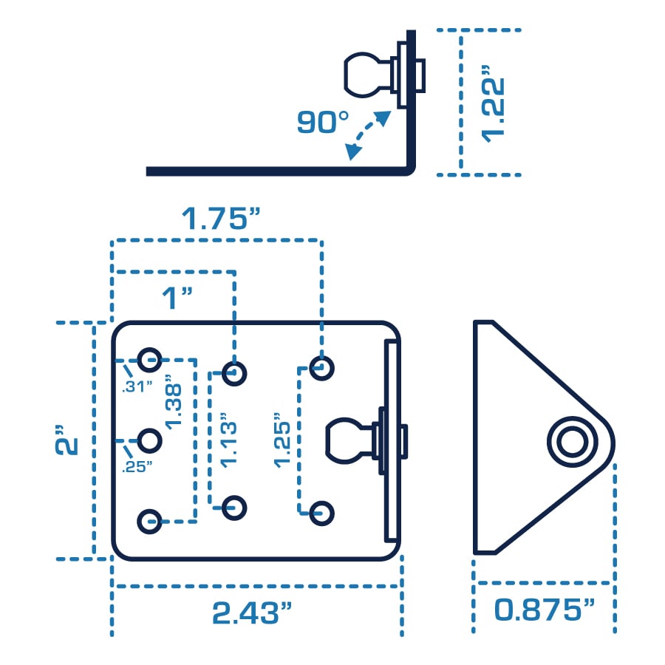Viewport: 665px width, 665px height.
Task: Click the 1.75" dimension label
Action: click(222, 219)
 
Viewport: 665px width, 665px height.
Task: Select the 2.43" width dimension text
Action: click(252, 613)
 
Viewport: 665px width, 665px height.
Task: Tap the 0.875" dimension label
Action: click(545, 610)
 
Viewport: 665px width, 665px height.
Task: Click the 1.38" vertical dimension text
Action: click(175, 403)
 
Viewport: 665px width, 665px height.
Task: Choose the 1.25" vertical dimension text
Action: click(282, 439)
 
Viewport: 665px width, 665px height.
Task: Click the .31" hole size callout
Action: click(138, 385)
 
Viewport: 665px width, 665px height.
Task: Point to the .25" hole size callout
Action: click(138, 465)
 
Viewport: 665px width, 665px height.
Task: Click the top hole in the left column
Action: click(150, 361)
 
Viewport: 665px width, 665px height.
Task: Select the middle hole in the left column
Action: click(150, 441)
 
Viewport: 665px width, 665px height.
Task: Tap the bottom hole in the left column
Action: click(150, 520)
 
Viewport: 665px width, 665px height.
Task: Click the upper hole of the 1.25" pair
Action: click(321, 367)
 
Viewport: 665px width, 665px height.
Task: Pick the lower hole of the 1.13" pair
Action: click(235, 506)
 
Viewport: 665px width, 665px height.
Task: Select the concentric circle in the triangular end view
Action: click(570, 443)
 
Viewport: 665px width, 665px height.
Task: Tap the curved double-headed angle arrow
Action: click(367, 135)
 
